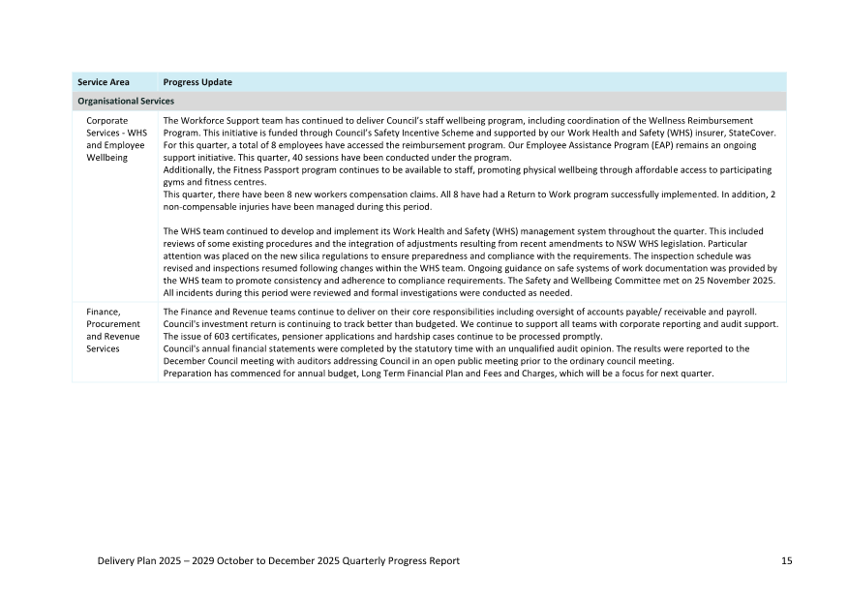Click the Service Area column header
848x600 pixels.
104,82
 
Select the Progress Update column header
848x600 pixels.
197,82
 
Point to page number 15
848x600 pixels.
786,561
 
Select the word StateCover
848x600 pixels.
755,133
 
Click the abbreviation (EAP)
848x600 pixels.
590,145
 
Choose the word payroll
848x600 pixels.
735,312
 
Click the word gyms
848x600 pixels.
174,181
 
